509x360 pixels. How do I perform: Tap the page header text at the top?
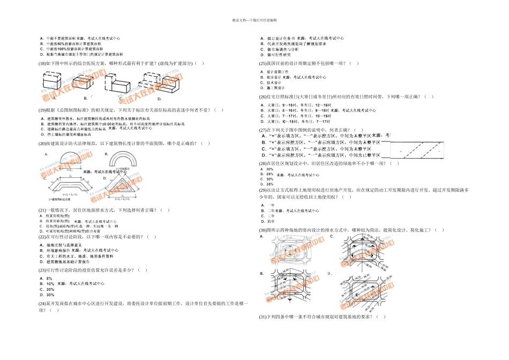(254, 20)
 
